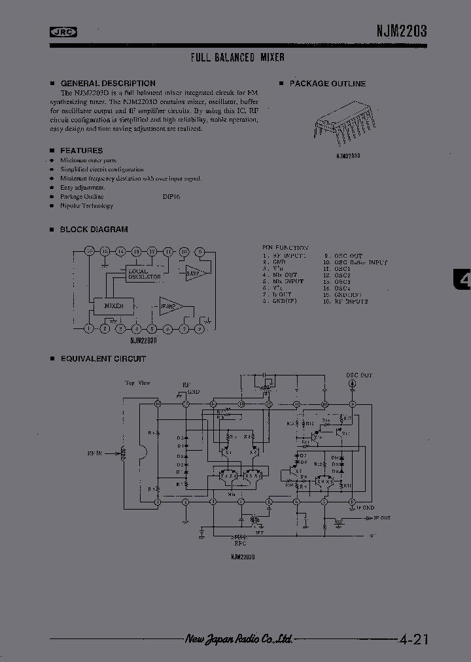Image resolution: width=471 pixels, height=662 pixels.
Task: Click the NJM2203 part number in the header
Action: coord(402,30)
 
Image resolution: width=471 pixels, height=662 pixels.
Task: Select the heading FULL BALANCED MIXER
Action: coord(237,58)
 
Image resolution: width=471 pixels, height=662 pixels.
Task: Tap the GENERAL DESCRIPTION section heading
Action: coord(108,84)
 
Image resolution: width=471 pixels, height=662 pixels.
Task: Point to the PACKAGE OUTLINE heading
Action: coord(328,84)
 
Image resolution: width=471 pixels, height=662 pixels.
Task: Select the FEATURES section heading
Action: coord(81,150)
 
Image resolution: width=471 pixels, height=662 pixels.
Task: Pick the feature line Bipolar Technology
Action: coord(87,206)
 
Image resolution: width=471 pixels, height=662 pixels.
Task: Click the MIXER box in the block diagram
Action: coord(109,305)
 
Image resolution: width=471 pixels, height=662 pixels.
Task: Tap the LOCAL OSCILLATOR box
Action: coord(144,274)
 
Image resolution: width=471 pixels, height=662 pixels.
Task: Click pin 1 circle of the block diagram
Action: coord(89,329)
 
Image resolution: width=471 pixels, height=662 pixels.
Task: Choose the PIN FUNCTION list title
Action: coord(285,248)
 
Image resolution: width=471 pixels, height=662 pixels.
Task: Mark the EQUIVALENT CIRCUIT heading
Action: coord(103,359)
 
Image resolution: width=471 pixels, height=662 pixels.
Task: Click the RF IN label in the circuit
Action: coord(96,452)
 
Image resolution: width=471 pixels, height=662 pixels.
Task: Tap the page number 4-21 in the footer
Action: coord(413,640)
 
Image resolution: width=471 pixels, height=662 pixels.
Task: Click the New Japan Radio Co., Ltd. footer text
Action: coord(238,640)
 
